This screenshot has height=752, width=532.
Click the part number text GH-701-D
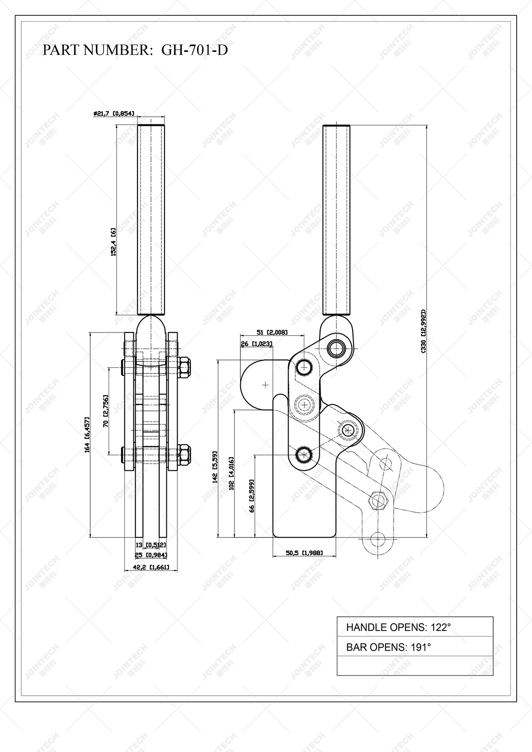(194, 50)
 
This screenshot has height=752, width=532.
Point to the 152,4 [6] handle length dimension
(114, 242)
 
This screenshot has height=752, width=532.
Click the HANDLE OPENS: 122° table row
(415, 627)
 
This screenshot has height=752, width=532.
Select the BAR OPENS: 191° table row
(415, 647)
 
